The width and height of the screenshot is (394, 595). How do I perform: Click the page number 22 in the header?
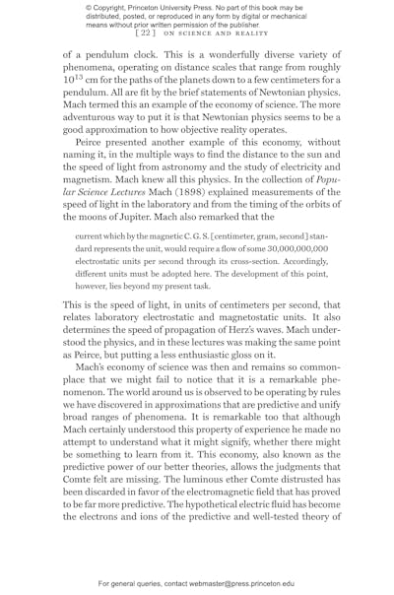[x=147, y=33]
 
